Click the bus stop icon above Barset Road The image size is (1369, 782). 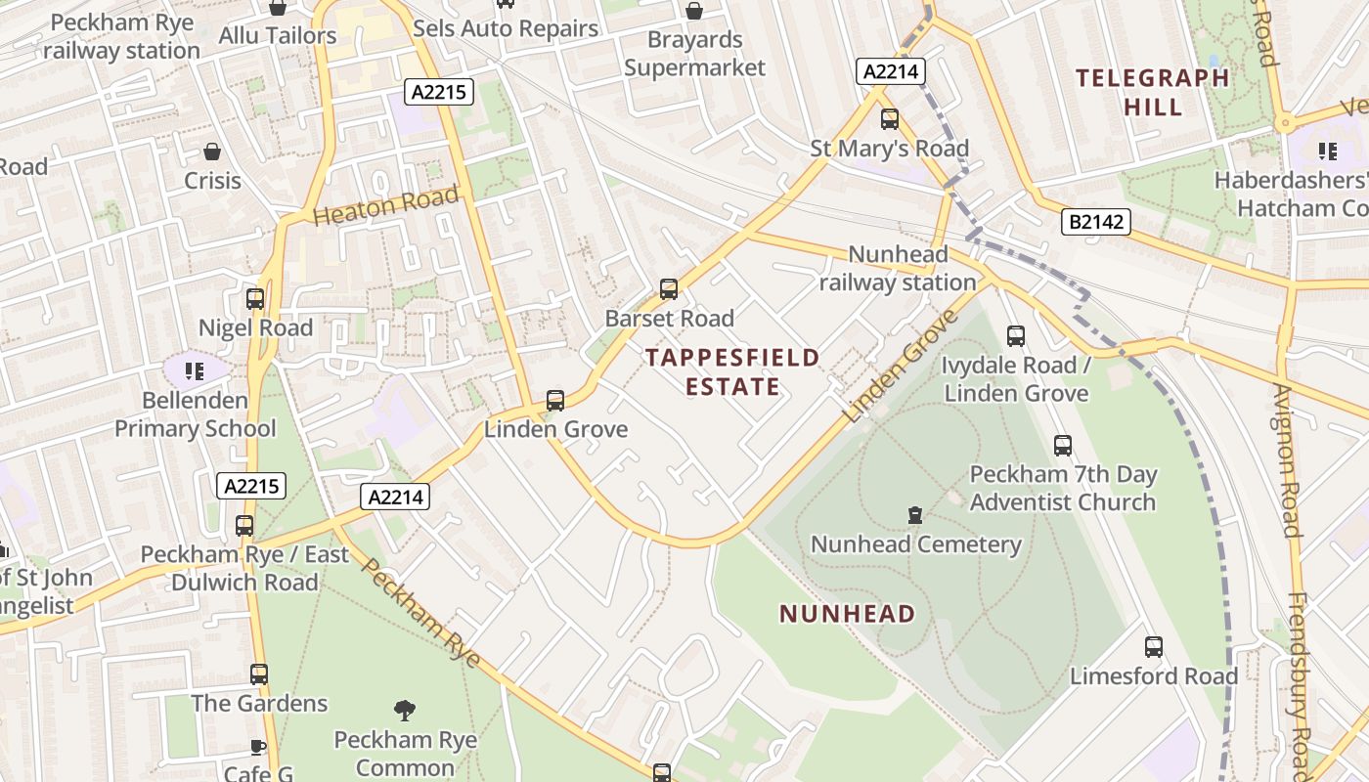669,289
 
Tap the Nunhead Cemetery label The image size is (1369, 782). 915,544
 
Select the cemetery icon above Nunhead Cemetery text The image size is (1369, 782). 915,514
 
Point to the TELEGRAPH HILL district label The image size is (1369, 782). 1152,92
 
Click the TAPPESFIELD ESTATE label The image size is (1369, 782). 732,372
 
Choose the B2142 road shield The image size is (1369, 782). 1095,223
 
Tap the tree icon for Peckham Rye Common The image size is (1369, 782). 404,710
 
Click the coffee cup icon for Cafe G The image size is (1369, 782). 258,747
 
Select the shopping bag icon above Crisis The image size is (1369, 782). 212,152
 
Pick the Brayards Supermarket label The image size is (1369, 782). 694,54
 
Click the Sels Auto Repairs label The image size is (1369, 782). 506,28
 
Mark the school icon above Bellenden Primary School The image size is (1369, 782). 195,370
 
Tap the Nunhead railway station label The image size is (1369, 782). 898,269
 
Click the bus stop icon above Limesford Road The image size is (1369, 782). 1154,646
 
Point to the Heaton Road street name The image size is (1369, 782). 386,206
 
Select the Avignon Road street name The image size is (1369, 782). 1286,459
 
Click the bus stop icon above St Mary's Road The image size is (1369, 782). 890,119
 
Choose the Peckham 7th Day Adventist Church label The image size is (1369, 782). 1063,489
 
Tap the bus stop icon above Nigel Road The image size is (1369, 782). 255,299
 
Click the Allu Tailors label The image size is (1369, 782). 278,36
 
